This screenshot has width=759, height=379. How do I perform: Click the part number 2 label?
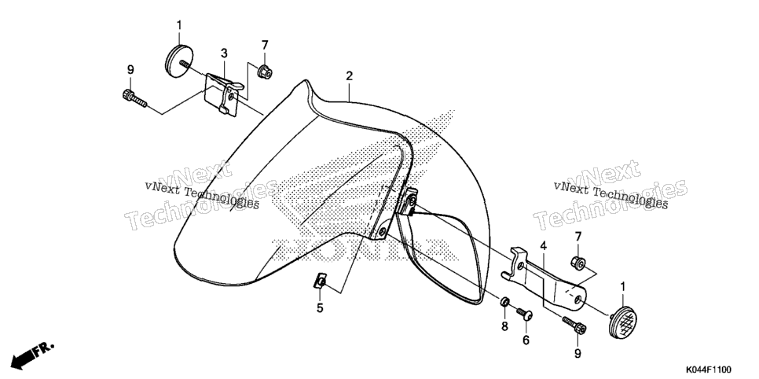point(349,76)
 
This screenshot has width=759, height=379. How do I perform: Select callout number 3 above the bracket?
point(224,53)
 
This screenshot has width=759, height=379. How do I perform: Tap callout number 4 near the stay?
point(544,246)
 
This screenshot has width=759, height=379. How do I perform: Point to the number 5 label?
point(320,307)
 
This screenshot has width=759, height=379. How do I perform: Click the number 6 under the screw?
point(526,340)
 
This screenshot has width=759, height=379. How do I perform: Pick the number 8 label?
point(504,326)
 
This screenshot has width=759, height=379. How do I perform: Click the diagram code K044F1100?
point(707,370)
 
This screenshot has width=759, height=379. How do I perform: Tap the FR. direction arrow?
point(33,355)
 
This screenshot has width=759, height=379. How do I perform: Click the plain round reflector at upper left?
point(178,60)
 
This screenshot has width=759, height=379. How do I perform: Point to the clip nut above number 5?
point(321,281)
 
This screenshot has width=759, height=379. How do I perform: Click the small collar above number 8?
point(504,303)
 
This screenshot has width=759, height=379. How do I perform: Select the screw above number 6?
point(524,314)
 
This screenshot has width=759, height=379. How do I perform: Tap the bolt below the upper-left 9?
point(134,98)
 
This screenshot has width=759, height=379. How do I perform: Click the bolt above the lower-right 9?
point(574,325)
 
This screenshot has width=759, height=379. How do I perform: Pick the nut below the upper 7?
point(264,72)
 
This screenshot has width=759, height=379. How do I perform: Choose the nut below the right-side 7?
point(578,263)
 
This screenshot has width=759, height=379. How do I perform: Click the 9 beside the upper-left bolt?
point(130,70)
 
